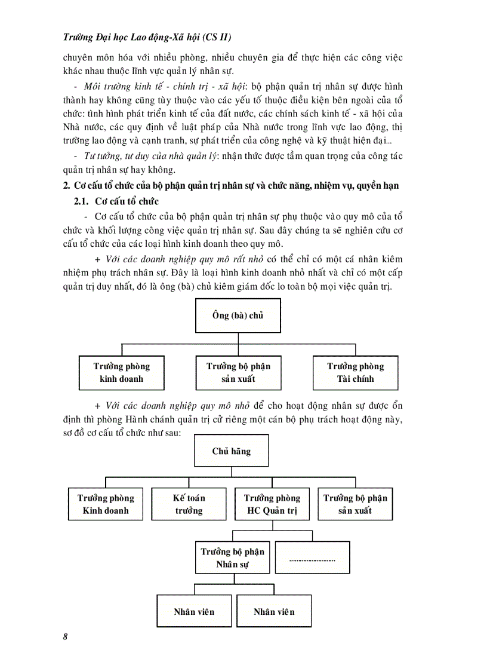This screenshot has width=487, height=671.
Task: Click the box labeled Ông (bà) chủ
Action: point(238,315)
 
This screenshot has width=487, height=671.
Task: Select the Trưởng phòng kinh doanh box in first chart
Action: point(122,372)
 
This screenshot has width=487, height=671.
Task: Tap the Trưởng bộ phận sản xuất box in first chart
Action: point(238,372)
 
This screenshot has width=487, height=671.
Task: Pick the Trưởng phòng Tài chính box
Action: point(355,372)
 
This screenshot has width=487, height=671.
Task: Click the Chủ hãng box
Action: point(231,451)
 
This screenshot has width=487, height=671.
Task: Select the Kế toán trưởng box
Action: point(189,504)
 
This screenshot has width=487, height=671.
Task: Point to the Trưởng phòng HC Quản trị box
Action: point(272,504)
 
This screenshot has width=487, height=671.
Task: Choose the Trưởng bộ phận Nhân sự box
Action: point(232,557)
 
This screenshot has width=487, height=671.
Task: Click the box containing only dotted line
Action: point(312,557)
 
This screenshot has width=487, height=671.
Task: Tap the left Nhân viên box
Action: point(194,611)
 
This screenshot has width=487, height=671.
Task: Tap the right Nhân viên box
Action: point(274,611)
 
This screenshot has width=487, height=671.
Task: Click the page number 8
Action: point(65,636)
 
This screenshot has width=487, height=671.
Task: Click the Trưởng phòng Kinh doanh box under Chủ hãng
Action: point(106,504)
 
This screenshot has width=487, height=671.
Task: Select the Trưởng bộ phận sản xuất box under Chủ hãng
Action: point(355,504)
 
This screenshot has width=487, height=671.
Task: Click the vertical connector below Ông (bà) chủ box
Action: point(238,338)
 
